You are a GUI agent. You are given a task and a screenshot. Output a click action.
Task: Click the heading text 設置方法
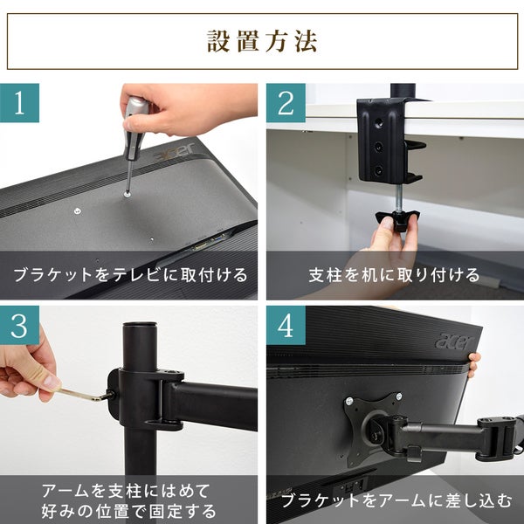pos(262,41)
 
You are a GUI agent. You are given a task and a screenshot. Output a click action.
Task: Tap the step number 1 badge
pos(19,103)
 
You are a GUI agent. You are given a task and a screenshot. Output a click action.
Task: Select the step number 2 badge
pos(286,103)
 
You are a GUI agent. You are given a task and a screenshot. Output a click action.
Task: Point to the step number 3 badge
pos(19,325)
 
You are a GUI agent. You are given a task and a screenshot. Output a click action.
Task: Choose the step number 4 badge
pos(286,325)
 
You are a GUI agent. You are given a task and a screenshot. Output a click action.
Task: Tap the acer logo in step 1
pos(175,152)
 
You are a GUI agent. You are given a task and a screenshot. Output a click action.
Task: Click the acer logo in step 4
pos(454,341)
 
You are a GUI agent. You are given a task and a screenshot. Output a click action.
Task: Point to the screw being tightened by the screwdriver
pos(127,193)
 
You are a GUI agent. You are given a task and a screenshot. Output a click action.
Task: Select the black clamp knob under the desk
pos(397,219)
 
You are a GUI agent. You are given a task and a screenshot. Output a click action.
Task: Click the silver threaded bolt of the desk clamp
pos(400,198)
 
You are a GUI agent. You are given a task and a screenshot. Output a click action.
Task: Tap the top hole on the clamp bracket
pos(379,123)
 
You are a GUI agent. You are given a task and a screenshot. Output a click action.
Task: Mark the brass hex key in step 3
pos(86,394)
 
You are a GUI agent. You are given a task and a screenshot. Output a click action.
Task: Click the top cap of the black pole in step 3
pos(140,326)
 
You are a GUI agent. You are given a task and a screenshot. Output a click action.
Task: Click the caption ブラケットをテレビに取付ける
pos(130,275)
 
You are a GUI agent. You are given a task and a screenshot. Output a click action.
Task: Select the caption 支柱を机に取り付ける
pos(395,275)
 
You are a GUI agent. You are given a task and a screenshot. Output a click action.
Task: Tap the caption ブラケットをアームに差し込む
pos(396,500)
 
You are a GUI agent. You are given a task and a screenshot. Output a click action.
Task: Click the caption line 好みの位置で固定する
pos(129,511)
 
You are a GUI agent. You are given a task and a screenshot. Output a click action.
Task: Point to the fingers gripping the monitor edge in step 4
pos(474,364)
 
